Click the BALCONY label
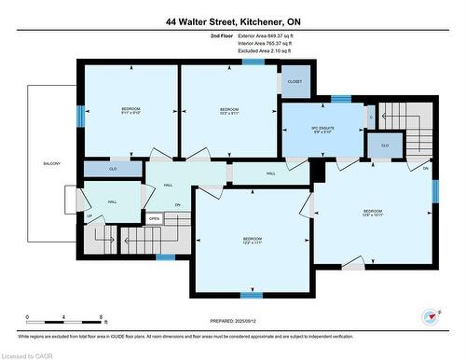pyautogui.click(x=51, y=164)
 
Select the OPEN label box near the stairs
pyautogui.click(x=155, y=219)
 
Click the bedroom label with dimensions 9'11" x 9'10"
pyautogui.click(x=130, y=112)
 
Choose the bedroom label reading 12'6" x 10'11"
pyautogui.click(x=372, y=214)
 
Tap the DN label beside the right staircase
pyautogui.click(x=425, y=168)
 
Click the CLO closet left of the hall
pyautogui.click(x=112, y=170)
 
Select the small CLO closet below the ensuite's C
pyautogui.click(x=384, y=145)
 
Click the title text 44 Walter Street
pyautogui.click(x=233, y=21)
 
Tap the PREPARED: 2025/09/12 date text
pyautogui.click(x=234, y=320)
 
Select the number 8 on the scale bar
pyautogui.click(x=100, y=317)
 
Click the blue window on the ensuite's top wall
pyautogui.click(x=342, y=99)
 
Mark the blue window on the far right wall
pyautogui.click(x=434, y=190)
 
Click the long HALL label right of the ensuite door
pyautogui.click(x=270, y=174)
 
